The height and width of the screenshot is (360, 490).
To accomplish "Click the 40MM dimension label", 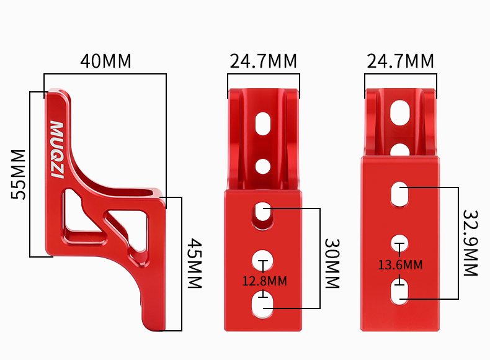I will tap(105, 61).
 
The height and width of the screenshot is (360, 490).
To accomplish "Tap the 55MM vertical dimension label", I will tap(19, 174).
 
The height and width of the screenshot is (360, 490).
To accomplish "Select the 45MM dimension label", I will tap(195, 263).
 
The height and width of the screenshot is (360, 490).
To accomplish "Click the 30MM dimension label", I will tap(332, 263).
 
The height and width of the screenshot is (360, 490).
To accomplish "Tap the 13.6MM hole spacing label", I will tap(400, 265).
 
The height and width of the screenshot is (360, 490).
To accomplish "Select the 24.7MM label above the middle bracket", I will tap(263, 61).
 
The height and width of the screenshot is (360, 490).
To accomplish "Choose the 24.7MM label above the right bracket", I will tap(400, 61).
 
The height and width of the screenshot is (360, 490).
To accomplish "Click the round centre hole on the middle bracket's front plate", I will tap(263, 258).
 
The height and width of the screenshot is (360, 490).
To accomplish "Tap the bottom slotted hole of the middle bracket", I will tap(264, 305).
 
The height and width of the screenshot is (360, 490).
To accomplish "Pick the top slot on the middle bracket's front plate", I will tap(263, 214).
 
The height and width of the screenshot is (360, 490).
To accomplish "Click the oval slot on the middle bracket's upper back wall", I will tap(264, 123).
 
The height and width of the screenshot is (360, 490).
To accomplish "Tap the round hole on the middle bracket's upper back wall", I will tap(263, 166).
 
